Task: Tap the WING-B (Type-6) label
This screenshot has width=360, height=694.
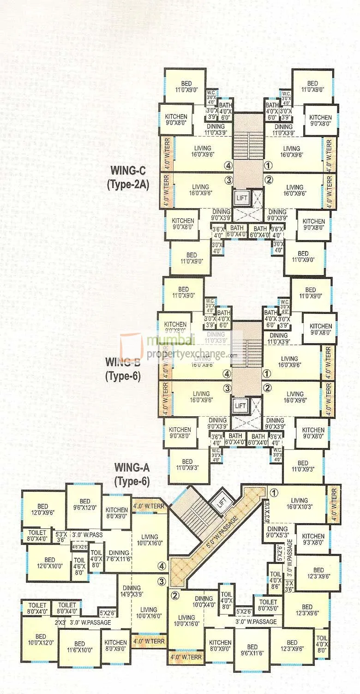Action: pyautogui.click(x=123, y=368)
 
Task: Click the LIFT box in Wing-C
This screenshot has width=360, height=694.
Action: pyautogui.click(x=241, y=198)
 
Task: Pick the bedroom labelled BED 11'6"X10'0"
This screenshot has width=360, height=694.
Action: pyautogui.click(x=79, y=647)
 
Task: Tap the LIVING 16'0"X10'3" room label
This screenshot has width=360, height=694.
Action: pyautogui.click(x=299, y=503)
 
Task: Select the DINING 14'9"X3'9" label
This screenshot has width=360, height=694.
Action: pyautogui.click(x=135, y=591)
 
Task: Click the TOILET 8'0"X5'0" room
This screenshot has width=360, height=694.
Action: pyautogui.click(x=268, y=605)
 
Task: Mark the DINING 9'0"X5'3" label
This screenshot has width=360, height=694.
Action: pyautogui.click(x=278, y=532)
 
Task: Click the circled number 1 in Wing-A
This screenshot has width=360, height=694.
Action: pyautogui.click(x=273, y=492)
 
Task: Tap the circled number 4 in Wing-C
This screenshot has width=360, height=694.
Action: pyautogui.click(x=228, y=165)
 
